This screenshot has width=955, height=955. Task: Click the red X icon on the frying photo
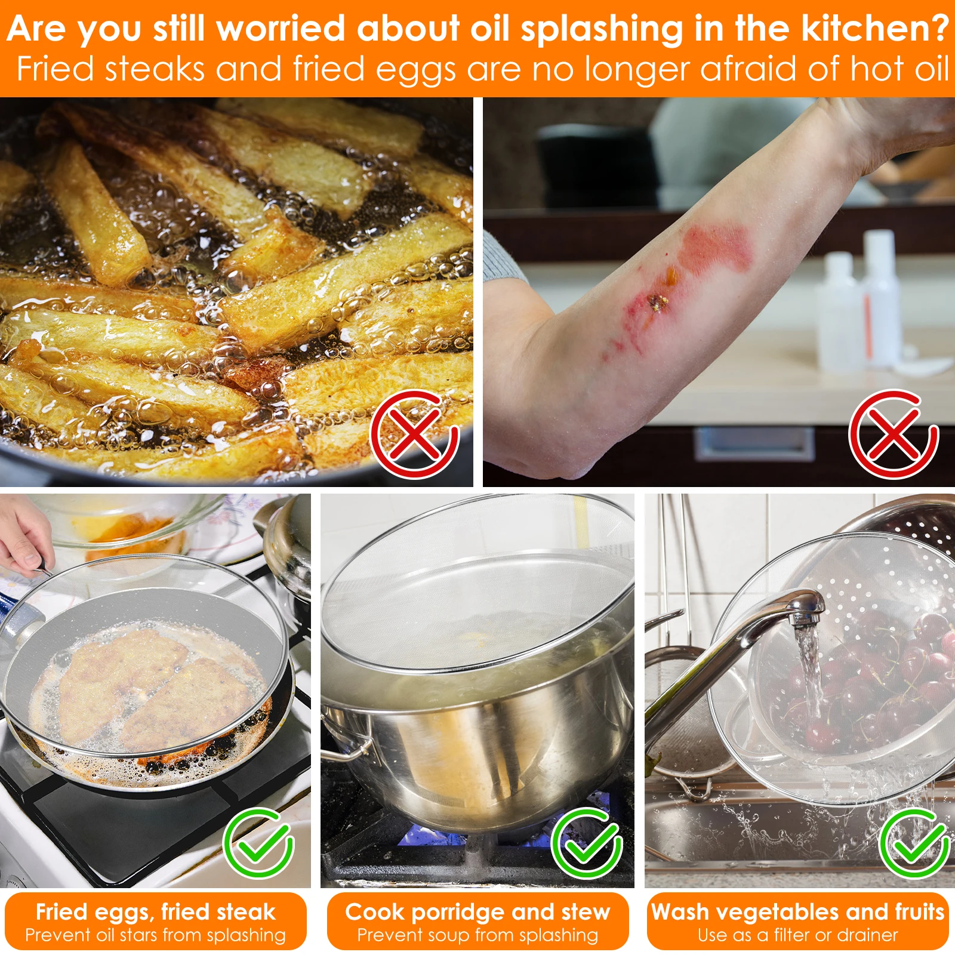pyautogui.click(x=414, y=434)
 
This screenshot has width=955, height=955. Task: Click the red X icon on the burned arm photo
pyautogui.click(x=894, y=434)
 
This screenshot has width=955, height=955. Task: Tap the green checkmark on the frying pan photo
pyautogui.click(x=258, y=843)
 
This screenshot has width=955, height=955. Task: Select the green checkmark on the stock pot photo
pyautogui.click(x=587, y=843)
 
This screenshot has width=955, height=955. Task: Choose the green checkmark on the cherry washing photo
pyautogui.click(x=914, y=843)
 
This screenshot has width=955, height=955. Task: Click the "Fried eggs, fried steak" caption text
pyautogui.click(x=155, y=911)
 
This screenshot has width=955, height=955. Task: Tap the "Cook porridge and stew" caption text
pyautogui.click(x=478, y=911)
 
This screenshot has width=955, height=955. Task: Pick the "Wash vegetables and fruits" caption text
pyautogui.click(x=798, y=911)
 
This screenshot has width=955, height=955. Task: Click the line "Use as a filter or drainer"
pyautogui.click(x=798, y=935)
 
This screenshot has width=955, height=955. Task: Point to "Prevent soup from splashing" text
pyautogui.click(x=478, y=935)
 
